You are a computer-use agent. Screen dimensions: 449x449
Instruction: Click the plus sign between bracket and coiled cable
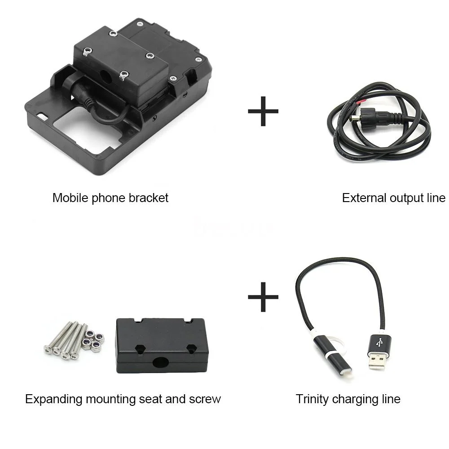click(263, 111)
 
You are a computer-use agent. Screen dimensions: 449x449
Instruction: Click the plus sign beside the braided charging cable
click(263, 297)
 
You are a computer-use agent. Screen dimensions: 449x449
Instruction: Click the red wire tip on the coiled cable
click(361, 102)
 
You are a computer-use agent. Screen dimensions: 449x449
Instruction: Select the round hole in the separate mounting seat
click(160, 362)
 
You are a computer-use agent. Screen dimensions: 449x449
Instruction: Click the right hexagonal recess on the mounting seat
click(191, 349)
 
